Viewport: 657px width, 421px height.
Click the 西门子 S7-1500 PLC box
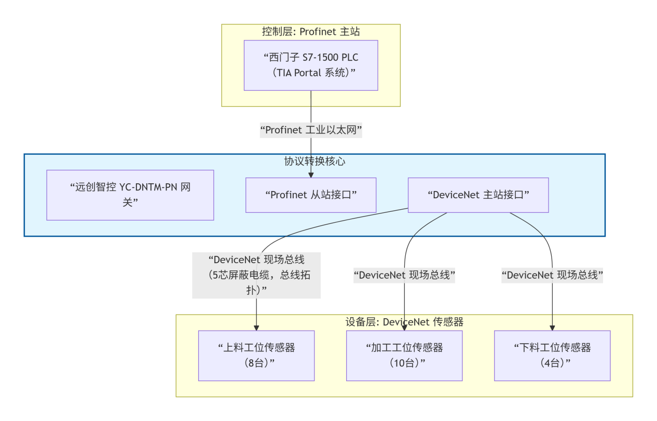310,65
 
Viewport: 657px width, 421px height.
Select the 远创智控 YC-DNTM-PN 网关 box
130,195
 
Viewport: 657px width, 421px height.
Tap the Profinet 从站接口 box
310,195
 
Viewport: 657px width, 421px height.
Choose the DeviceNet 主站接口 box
478,195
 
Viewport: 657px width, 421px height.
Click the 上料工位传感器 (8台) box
256,356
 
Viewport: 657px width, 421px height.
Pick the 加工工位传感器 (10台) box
404,356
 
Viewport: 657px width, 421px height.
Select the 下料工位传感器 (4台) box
552,356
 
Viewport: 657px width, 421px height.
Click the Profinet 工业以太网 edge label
310,130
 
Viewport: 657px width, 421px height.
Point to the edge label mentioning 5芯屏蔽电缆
256,275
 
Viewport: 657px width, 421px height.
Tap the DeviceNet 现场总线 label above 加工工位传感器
404,276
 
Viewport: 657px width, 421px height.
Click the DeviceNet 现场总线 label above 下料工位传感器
552,276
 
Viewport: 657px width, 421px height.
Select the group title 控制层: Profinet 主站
310,32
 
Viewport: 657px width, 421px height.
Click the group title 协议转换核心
314,161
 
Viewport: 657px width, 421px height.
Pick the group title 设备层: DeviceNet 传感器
404,322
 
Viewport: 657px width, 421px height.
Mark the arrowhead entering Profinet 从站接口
310,174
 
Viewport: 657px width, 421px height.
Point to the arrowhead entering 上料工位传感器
256,327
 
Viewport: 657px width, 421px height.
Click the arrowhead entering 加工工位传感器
404,327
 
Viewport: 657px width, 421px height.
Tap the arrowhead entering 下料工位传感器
552,327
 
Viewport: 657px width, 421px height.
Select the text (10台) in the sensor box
404,363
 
